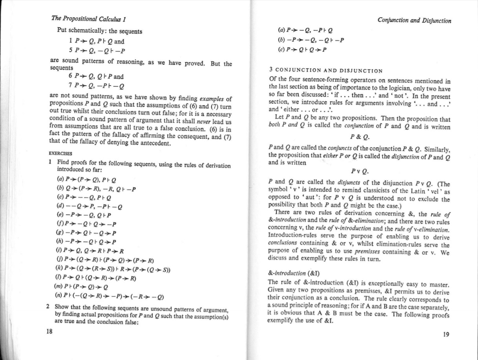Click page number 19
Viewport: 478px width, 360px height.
446,334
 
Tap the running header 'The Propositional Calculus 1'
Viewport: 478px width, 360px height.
90,19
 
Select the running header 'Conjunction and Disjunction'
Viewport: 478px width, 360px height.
415,21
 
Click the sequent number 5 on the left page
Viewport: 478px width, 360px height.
70,51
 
